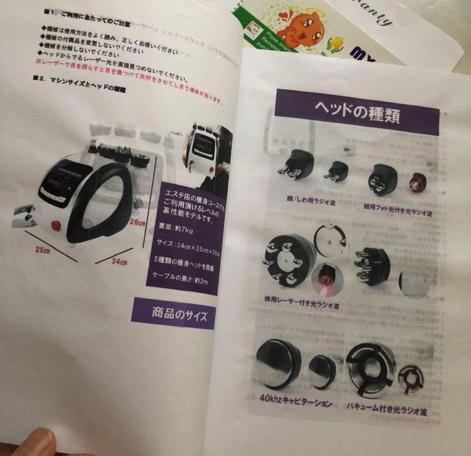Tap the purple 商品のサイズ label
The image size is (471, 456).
pos(174,313)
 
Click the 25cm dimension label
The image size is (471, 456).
pos(42,250)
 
